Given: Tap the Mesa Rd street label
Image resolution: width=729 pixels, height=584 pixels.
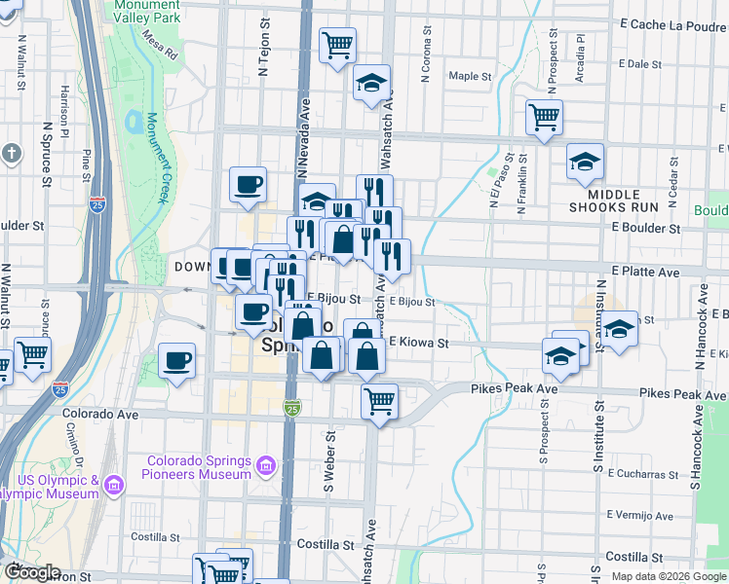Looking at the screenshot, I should (161, 41).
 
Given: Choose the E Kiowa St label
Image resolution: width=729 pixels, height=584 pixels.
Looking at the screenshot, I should (418, 343).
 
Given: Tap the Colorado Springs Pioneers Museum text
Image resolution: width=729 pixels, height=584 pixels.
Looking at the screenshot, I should (199, 467).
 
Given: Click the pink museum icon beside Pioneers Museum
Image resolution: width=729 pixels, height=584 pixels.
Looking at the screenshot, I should (264, 468).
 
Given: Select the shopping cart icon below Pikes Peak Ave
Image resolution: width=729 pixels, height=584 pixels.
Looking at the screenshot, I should (379, 400).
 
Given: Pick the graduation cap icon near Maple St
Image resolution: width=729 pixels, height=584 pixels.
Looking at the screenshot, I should (371, 84).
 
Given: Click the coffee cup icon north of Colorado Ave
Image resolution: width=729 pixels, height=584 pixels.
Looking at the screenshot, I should (176, 361).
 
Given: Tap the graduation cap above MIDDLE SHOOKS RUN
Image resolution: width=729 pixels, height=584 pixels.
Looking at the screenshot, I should (585, 162).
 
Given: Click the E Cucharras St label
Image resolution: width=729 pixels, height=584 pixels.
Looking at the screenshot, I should (641, 474).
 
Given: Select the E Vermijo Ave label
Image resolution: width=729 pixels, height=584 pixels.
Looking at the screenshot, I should (641, 514).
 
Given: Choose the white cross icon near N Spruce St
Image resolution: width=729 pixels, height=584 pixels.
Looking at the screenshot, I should (11, 154).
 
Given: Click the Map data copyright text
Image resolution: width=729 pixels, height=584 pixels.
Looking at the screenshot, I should (669, 576).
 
